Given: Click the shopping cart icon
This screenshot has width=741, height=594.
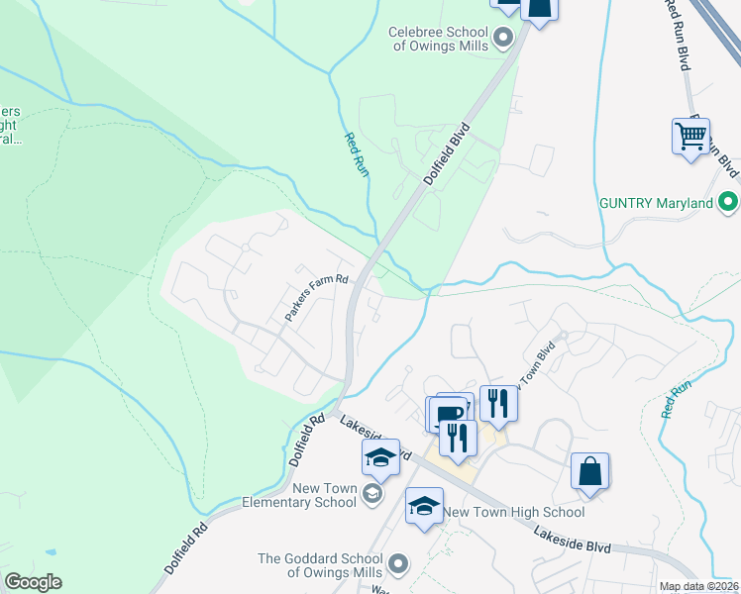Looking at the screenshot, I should point(690,135).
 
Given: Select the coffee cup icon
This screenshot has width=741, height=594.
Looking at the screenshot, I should point(448,412).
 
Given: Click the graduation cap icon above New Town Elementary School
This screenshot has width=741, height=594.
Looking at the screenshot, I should point(380,457).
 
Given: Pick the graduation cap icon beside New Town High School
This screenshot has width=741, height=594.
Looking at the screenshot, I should point(424,506).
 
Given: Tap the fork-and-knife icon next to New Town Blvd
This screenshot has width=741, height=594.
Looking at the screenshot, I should point(498,402).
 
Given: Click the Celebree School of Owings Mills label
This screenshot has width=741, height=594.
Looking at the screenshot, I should point(438,39).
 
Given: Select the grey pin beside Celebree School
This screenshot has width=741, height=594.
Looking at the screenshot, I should point(502,39).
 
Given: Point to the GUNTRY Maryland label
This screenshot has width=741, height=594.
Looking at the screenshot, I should point(656,203).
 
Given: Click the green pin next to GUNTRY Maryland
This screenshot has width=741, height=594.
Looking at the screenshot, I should point(728,203).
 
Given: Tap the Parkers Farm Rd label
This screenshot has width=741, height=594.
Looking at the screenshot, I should point(318,297).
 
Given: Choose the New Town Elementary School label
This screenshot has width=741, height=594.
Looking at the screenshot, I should point(299,495).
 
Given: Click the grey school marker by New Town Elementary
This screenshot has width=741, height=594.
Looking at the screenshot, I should point(372,494).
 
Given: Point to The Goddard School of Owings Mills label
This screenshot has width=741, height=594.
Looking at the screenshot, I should point(320,565).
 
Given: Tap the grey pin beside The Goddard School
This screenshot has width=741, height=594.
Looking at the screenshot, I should point(398,564).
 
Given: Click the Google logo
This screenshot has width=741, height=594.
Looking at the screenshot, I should point(33,582).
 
